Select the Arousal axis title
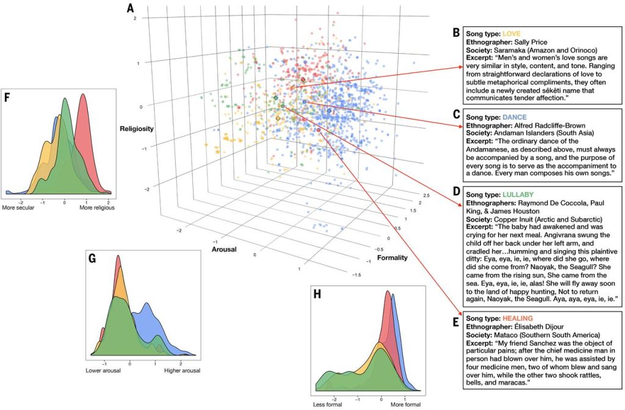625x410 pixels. [225, 249]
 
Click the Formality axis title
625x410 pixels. [392, 258]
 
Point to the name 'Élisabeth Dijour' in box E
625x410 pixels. [545, 327]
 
